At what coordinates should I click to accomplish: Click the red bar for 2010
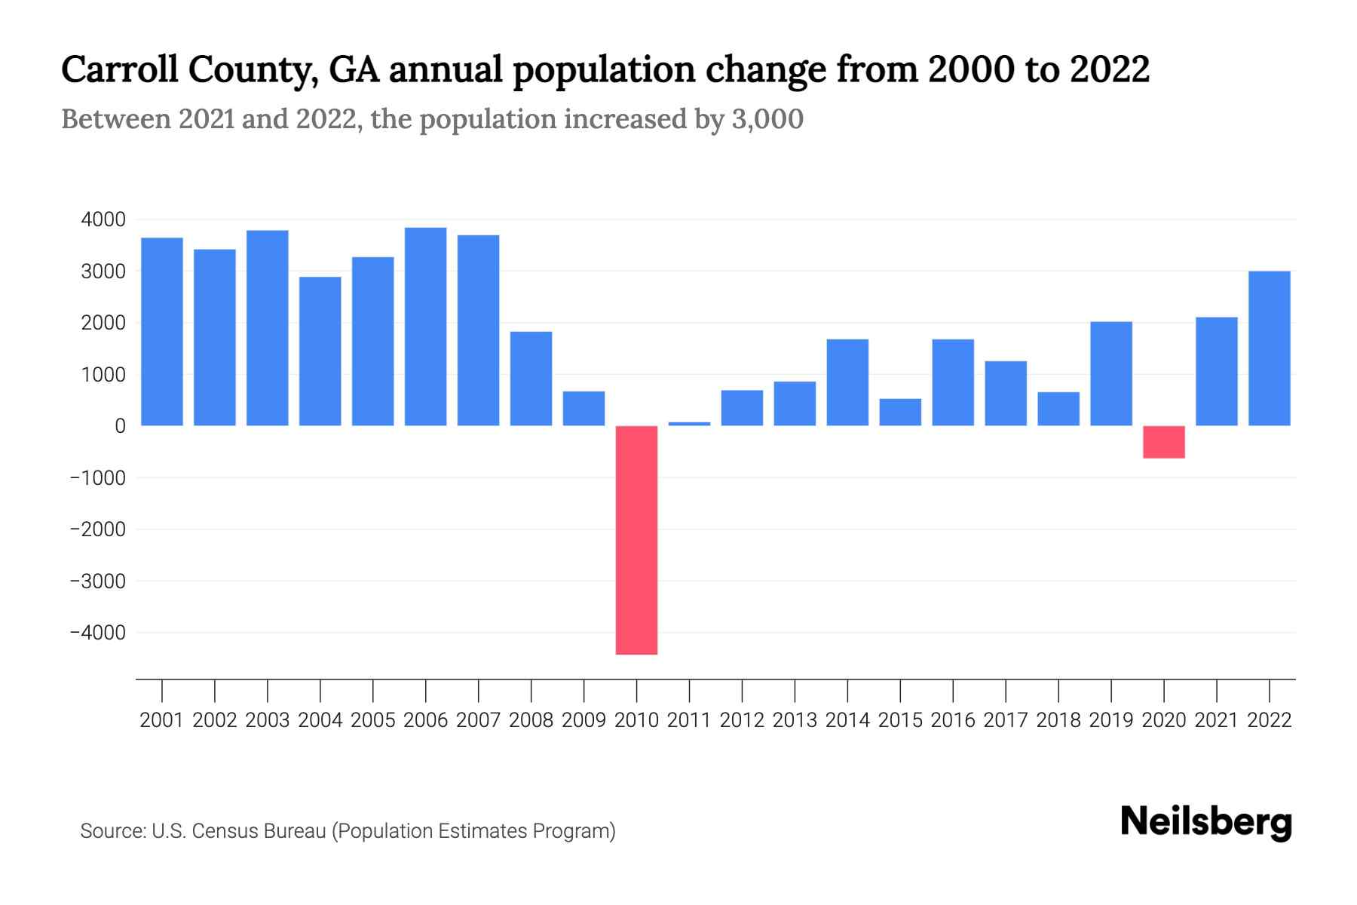[636, 540]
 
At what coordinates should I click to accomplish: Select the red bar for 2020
[1163, 442]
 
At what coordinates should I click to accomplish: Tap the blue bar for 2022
[1269, 348]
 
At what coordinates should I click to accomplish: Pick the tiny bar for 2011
[689, 424]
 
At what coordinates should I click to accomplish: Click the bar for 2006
[425, 327]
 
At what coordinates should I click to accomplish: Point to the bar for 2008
[531, 379]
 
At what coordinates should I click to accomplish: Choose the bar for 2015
[900, 412]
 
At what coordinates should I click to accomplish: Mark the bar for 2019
[1110, 373]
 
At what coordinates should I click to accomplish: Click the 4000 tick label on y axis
[103, 219]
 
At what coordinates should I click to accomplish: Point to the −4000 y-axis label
[98, 633]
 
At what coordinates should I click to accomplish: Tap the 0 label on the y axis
[120, 426]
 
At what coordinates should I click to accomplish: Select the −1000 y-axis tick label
[98, 477]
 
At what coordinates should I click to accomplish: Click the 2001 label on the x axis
[162, 720]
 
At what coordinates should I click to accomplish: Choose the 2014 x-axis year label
[847, 720]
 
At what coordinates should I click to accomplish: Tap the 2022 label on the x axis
[1270, 720]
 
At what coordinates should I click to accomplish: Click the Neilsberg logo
[1205, 822]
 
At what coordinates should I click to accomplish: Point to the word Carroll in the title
[120, 69]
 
